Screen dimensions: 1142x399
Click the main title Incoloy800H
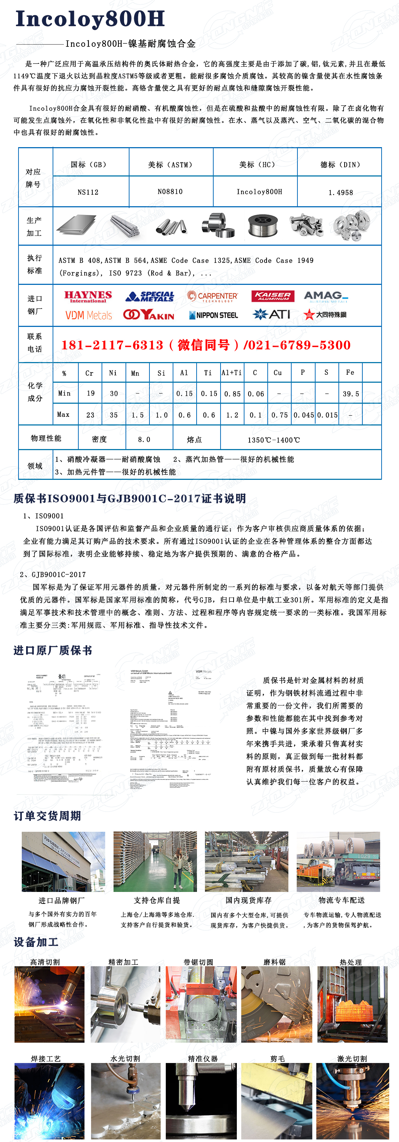pyautogui.click(x=90, y=19)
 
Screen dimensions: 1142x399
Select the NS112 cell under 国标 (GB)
pyautogui.click(x=88, y=192)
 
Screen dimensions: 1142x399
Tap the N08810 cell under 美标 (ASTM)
pyautogui.click(x=170, y=191)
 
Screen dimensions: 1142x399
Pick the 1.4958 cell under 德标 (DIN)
pyautogui.click(x=340, y=192)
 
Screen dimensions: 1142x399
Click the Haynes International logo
pyautogui.click(x=88, y=296)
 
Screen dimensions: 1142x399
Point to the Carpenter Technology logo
pyautogui.click(x=212, y=296)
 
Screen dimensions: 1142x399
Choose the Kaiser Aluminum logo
pyautogui.click(x=273, y=296)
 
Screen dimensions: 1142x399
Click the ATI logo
pyautogui.click(x=272, y=314)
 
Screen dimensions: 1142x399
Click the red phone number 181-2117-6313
pyautogui.click(x=112, y=345)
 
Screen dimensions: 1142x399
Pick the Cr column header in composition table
pyautogui.click(x=89, y=373)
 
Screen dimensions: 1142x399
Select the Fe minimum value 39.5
pyautogui.click(x=351, y=394)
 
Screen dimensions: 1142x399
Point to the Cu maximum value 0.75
pyautogui.click(x=280, y=415)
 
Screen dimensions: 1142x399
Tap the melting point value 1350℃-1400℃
pyautogui.click(x=273, y=440)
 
